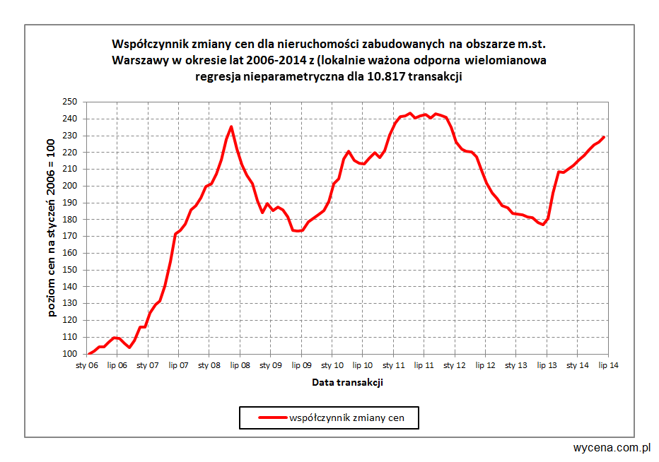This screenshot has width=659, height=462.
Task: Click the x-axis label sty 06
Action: [x=86, y=365]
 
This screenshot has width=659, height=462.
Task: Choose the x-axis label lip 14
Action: [x=608, y=365]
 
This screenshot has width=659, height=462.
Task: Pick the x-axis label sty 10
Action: [x=332, y=365]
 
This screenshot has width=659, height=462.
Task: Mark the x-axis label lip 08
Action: [x=240, y=365]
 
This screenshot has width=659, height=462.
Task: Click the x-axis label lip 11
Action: [x=424, y=365]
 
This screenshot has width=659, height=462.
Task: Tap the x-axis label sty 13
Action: [x=516, y=365]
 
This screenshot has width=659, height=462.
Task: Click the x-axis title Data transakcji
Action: [x=347, y=382]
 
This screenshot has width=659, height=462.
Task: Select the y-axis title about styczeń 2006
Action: [x=53, y=227]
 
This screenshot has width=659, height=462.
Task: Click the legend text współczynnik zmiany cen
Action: [x=347, y=417]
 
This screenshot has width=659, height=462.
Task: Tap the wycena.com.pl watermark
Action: [x=612, y=448]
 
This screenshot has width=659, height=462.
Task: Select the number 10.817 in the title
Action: [x=385, y=77]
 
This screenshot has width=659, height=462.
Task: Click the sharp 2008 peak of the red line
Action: [x=232, y=126]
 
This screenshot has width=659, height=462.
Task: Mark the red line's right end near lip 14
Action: [x=604, y=137]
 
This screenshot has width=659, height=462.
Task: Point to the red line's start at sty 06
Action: [x=88, y=353]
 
